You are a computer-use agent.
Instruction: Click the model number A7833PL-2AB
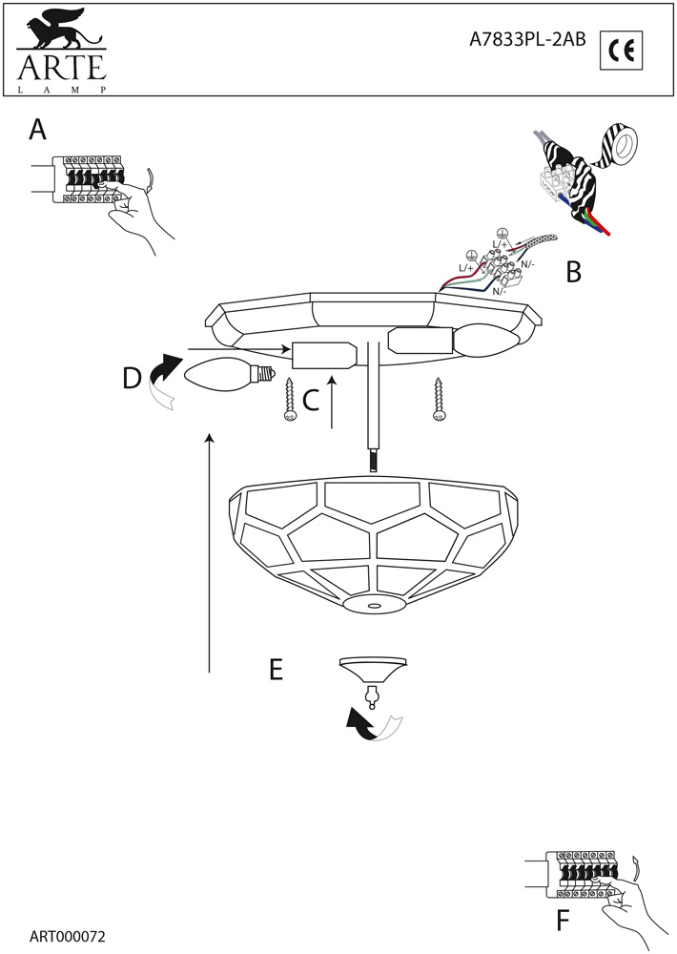coord(527,39)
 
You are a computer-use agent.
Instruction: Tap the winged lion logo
coord(60,34)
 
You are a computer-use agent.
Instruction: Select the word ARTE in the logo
coord(58,69)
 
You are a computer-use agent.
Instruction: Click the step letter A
coord(37,130)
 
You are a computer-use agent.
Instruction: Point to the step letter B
coord(572,273)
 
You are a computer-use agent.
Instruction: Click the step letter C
coord(310,403)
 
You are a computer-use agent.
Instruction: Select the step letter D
coord(132,379)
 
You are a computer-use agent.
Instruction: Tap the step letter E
coord(276,670)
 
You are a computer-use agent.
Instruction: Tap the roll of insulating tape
coord(621,145)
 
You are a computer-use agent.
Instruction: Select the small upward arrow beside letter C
coord(333,402)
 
